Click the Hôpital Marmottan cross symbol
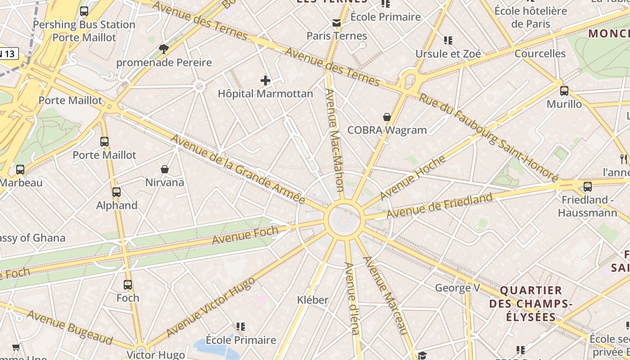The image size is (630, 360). click(265, 81)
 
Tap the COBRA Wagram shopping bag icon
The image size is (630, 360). click(387, 117)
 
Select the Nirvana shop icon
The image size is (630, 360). click(165, 169)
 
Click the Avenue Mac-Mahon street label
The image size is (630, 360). click(335, 140)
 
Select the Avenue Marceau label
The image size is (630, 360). click(385, 295)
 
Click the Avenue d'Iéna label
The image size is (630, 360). click(351, 298)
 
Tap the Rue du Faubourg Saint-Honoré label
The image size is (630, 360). click(488, 137)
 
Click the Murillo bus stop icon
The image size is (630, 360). click(564, 91)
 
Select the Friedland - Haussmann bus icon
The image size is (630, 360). click(587, 186)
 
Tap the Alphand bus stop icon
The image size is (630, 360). click(117, 192)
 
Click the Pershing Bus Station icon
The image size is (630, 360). click(84, 11)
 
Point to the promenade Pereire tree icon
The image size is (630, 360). click(164, 49)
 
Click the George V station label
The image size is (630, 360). click(457, 288)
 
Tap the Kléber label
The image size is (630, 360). click(313, 300)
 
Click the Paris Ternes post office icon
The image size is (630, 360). click(337, 23)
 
